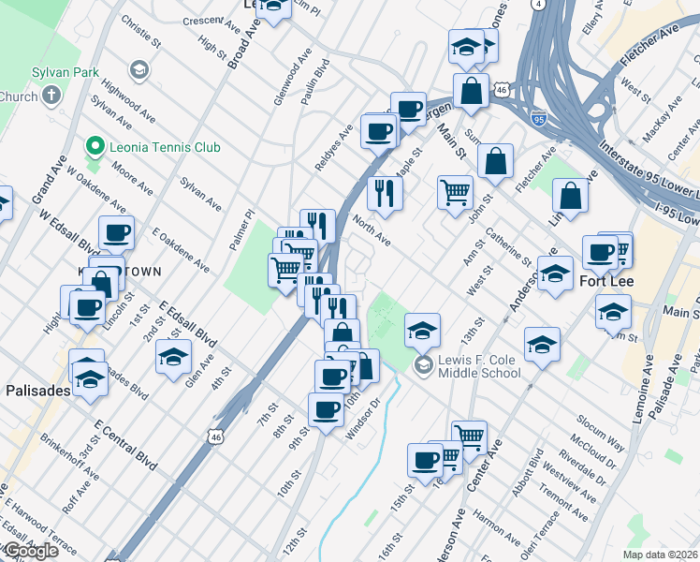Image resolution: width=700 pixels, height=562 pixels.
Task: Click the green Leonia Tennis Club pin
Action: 93,147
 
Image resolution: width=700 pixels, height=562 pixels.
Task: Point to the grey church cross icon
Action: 51,96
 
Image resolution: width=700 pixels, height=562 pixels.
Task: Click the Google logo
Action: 30,551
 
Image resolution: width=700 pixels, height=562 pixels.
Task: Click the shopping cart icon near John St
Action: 455,192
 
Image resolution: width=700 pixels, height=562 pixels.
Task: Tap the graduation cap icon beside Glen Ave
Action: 173,357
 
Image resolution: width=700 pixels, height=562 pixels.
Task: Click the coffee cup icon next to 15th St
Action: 425,461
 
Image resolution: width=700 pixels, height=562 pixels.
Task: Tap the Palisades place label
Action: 36,391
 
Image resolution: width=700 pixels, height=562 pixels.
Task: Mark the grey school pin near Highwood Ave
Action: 139,70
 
